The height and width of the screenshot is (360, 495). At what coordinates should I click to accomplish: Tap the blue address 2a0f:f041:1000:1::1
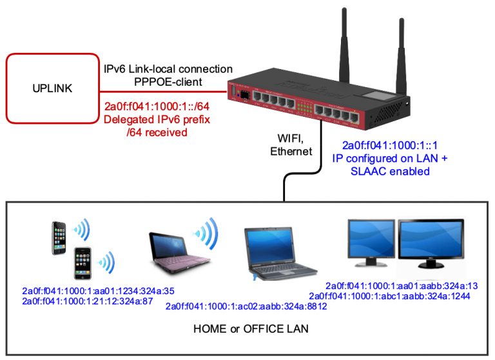click(x=390, y=145)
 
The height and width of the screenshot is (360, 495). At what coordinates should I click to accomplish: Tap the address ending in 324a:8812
click(x=246, y=306)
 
